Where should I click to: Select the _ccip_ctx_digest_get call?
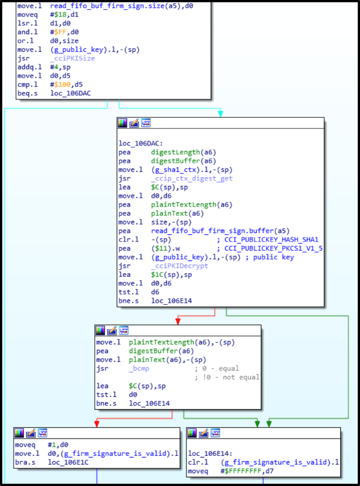coord(192,178)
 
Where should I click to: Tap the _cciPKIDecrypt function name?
coord(180,266)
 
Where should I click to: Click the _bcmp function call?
coord(139,369)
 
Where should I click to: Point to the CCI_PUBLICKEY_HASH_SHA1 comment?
coord(270,240)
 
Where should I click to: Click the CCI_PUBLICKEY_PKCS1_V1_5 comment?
coord(270,248)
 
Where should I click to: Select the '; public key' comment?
coord(274,257)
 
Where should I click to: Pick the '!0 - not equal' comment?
coord(227,377)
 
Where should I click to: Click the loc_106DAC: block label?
coord(139,143)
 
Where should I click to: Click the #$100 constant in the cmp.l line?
coord(58,85)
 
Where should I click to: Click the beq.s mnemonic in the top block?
coord(27,93)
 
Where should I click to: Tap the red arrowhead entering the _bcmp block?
coord(178,321)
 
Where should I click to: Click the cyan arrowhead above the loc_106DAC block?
coord(220,114)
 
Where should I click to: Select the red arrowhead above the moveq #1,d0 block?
coord(96,424)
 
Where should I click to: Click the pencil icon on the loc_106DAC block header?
coord(134,123)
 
